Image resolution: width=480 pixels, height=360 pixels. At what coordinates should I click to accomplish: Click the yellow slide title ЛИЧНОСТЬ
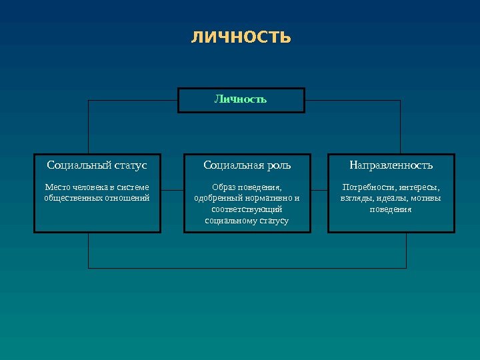click(x=241, y=37)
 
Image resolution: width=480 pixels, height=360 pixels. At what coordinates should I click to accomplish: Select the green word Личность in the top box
click(x=241, y=99)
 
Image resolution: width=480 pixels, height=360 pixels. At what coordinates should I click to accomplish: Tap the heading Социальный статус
click(x=97, y=165)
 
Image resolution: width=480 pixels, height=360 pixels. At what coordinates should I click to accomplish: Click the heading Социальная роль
click(x=247, y=165)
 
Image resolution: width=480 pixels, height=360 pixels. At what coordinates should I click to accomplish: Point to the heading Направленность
click(x=391, y=165)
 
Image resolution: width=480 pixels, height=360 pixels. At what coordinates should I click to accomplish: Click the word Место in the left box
click(x=56, y=187)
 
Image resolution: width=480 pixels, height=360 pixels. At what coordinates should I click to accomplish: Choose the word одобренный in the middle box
click(x=215, y=198)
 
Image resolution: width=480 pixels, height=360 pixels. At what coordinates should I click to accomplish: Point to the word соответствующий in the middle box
click(x=247, y=209)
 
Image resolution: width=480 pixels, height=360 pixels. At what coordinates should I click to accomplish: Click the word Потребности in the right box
click(x=364, y=187)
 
